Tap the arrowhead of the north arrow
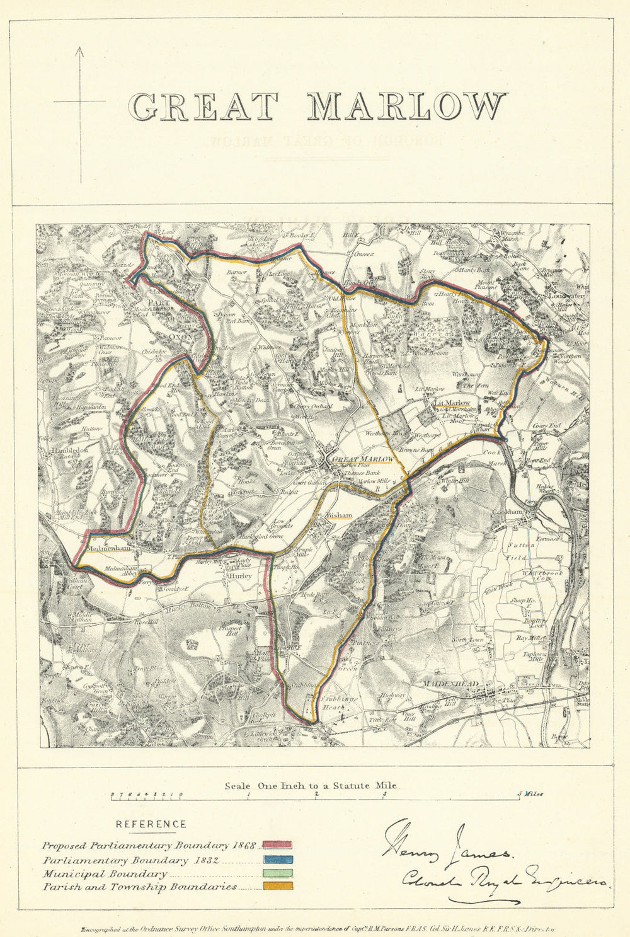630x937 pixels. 81,50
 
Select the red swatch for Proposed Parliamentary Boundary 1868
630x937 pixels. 277,846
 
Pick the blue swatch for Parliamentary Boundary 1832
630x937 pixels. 277,859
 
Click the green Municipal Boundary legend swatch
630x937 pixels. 277,873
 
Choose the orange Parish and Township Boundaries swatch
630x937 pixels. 277,887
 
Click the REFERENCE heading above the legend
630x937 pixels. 151,824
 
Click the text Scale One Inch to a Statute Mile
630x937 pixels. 312,786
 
